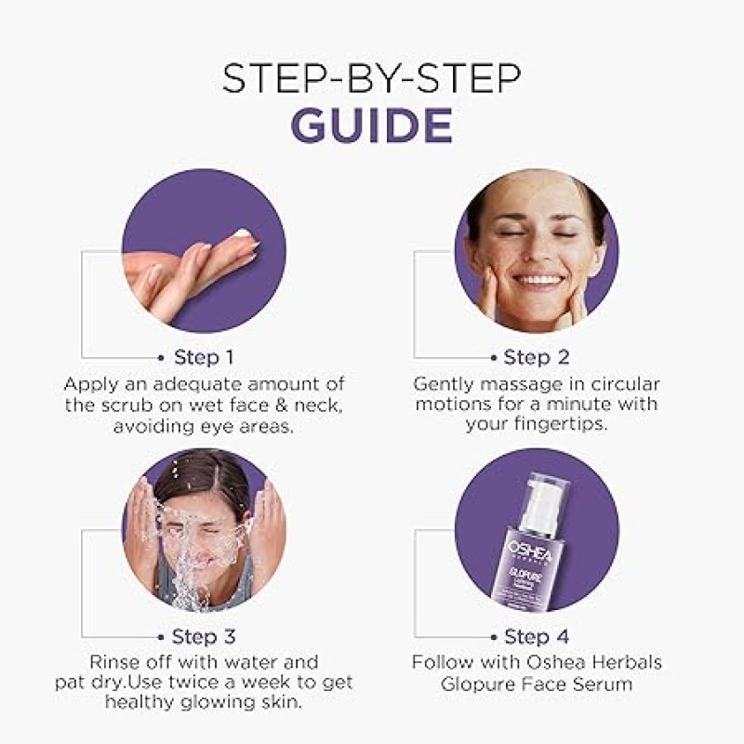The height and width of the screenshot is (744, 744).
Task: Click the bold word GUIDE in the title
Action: pos(371,126)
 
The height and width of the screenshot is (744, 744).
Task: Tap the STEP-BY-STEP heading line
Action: pos(371,78)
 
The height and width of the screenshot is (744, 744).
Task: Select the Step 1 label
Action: pos(204,357)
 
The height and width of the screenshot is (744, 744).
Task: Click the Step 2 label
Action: pos(537,357)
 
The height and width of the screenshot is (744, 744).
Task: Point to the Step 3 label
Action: pos(204,636)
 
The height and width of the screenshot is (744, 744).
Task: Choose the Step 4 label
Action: pos(537,636)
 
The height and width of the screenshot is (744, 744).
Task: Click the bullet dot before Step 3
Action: pos(161,637)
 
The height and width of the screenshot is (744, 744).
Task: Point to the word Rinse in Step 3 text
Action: pos(113,662)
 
